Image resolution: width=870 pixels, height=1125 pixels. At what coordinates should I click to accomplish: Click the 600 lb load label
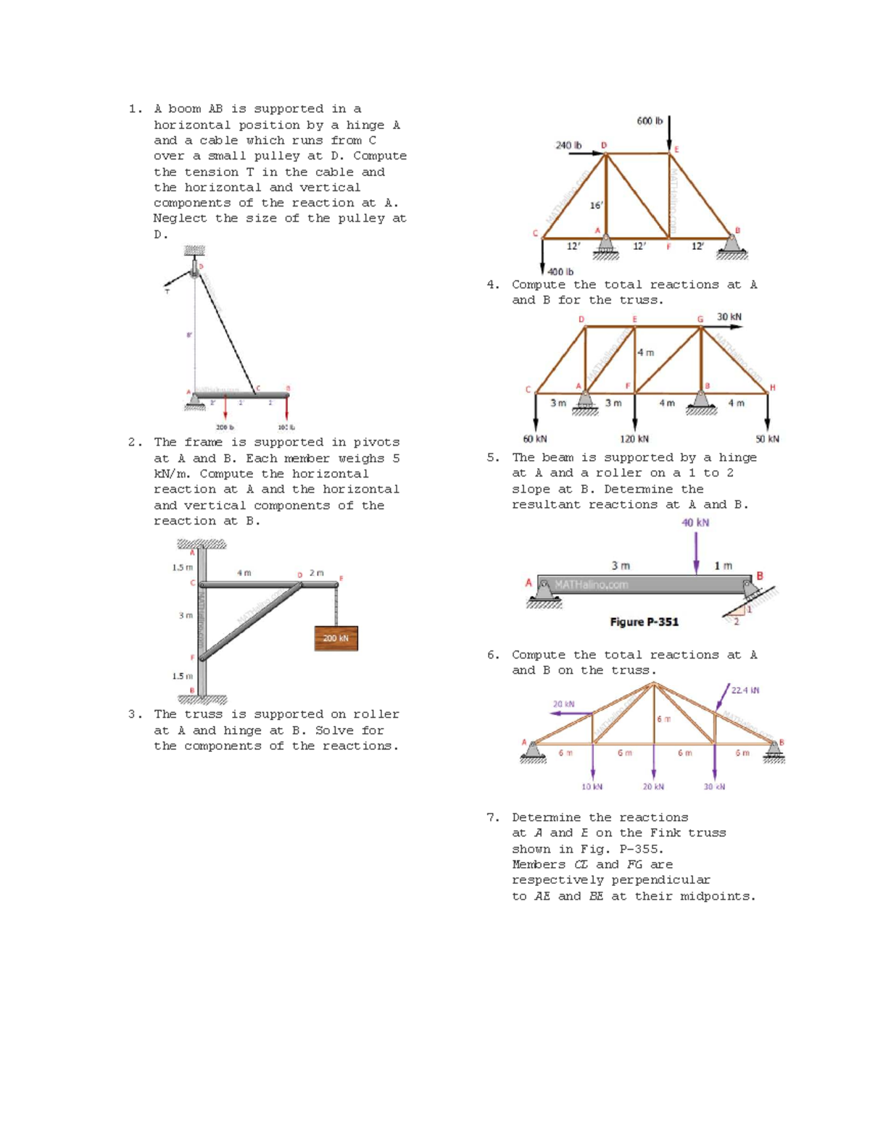coord(649,121)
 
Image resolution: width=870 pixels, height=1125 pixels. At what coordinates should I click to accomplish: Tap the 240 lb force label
coord(568,146)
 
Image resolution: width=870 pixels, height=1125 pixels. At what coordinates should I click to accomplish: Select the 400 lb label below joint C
coord(560,272)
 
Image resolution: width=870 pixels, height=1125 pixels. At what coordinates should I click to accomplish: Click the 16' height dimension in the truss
coord(596,205)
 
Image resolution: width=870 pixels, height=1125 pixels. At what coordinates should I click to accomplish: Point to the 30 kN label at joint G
coord(729,317)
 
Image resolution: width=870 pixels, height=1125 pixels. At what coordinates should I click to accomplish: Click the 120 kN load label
coord(634,439)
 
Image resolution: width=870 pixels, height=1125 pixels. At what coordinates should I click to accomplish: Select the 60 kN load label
coord(535,439)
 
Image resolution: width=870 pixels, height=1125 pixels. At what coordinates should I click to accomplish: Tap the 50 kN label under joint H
coord(767,439)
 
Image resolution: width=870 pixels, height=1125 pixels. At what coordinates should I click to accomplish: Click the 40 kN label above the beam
coord(695,523)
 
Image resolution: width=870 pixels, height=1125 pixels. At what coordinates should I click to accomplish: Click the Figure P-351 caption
coord(644,622)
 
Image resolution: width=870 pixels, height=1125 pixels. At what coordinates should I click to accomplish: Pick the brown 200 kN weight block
coord(336,638)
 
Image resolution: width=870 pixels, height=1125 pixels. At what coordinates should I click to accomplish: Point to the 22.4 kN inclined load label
coord(745,690)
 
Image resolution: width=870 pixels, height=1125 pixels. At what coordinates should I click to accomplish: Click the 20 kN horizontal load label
coord(563,704)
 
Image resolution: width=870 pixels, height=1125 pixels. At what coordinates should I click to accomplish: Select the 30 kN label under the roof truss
coord(714,787)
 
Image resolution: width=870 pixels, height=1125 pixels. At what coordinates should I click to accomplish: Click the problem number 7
coord(492,817)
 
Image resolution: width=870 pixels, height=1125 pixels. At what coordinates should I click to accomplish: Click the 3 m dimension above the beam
coord(620,566)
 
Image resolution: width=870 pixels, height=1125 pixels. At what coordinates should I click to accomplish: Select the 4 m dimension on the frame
coord(244,573)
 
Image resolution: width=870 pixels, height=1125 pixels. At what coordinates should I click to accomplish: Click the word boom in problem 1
coord(184,109)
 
